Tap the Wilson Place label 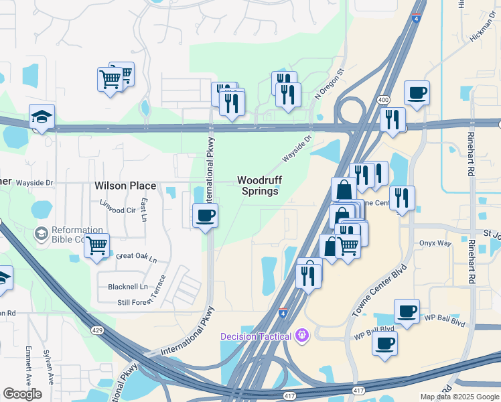(125, 186)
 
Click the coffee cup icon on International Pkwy (205, 216)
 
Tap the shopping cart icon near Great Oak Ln (96, 246)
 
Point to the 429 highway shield (96, 330)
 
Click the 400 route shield (383, 100)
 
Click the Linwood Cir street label (117, 210)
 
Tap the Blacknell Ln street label (127, 287)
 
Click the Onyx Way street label (435, 243)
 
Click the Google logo (23, 394)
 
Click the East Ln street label (144, 208)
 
